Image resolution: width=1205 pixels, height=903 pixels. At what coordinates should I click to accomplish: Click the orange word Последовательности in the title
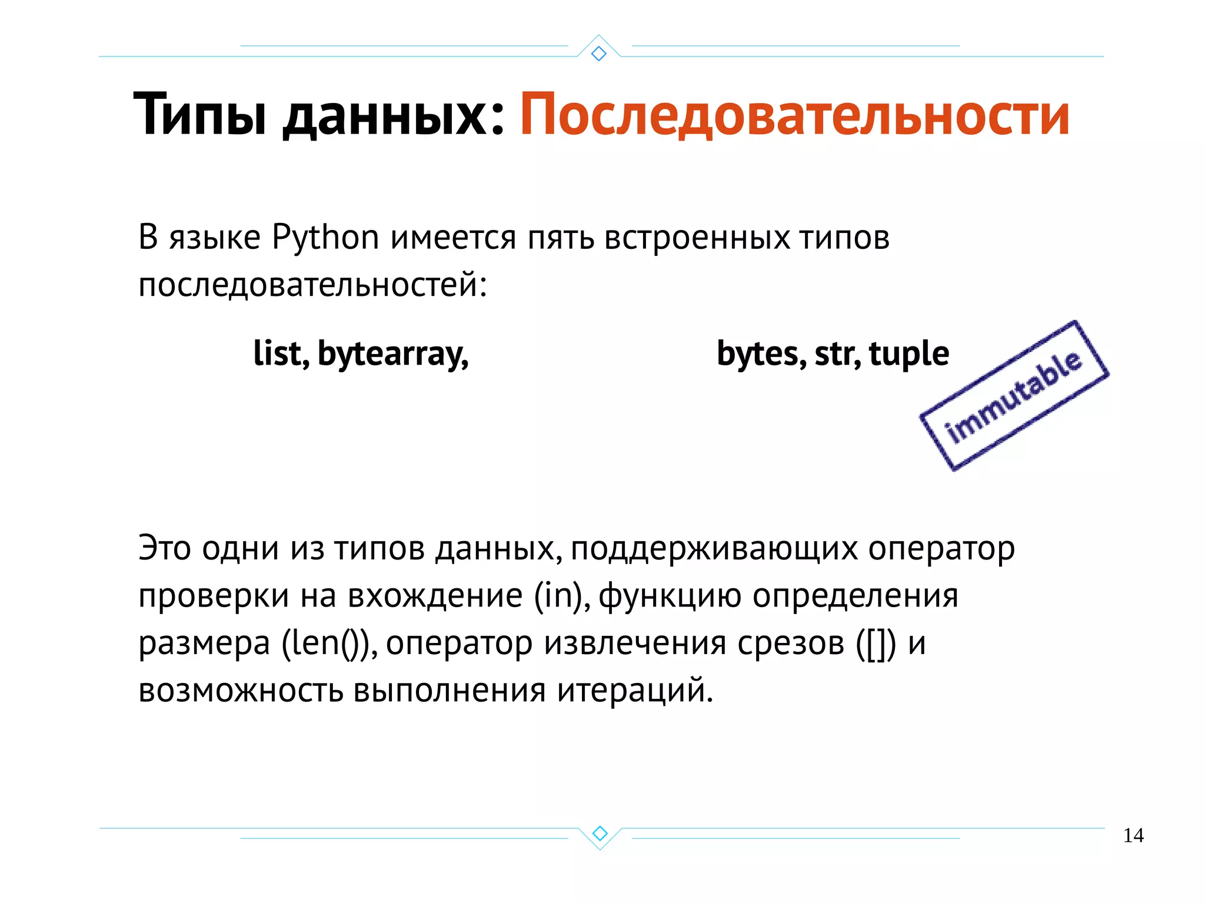[794, 115]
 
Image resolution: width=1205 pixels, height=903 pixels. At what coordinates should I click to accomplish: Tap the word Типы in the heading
[200, 115]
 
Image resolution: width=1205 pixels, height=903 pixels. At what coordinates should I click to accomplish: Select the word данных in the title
[385, 115]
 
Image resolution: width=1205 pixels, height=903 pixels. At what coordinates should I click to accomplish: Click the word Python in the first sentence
[325, 238]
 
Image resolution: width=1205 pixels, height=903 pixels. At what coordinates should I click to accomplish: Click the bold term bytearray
[392, 355]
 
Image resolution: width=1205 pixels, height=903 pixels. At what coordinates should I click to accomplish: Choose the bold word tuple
[909, 355]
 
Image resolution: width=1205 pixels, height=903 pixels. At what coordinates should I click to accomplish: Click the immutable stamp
[1014, 395]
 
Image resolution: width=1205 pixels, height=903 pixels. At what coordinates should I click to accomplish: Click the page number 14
[1133, 835]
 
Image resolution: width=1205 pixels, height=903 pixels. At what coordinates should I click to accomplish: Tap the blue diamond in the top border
[599, 54]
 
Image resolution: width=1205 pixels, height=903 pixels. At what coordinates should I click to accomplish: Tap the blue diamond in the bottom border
[600, 833]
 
